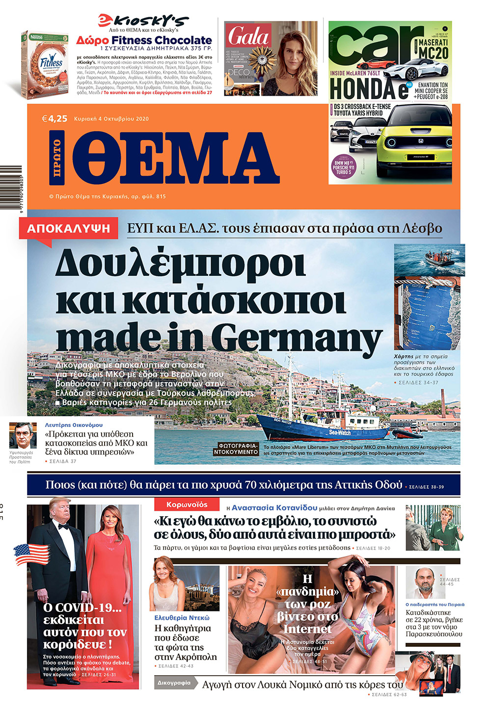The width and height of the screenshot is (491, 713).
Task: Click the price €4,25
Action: (55, 118)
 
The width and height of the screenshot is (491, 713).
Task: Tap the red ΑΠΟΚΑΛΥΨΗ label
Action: (69, 229)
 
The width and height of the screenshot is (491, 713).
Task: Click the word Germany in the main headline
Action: (298, 338)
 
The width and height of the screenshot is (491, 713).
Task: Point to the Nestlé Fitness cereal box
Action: (44, 64)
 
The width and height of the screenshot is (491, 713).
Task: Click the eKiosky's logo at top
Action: (143, 21)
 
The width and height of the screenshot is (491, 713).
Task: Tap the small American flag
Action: (31, 555)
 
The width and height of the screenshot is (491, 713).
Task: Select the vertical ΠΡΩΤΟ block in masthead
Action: (57, 157)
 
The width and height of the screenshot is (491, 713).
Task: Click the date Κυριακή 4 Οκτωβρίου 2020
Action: (111, 119)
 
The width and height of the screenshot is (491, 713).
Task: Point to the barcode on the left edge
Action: (11, 187)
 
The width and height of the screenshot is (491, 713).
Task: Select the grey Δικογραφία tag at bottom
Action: (174, 683)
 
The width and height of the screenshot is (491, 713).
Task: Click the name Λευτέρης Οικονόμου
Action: (74, 425)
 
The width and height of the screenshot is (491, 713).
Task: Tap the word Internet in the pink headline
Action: (307, 629)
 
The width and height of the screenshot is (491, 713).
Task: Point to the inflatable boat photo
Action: (429, 260)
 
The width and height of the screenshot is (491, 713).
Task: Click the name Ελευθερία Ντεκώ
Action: (182, 618)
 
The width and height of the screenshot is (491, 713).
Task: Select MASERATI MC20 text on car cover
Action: (433, 48)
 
